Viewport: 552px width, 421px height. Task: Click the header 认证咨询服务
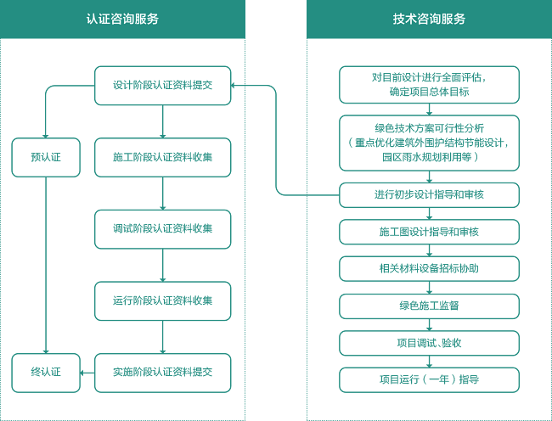122,19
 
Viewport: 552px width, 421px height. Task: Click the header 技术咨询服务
429,19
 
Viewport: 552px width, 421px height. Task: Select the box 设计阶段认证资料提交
163,86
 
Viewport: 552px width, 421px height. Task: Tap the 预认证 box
46,157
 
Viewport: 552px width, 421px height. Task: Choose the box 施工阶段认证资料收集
163,157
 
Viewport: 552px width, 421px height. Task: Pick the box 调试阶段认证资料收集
163,229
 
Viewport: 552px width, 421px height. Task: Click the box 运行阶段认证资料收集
163,300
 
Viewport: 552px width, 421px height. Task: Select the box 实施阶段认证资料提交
163,373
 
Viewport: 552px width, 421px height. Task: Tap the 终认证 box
46,373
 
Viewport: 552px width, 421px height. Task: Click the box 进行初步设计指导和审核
429,195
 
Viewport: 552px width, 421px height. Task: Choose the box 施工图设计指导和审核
429,232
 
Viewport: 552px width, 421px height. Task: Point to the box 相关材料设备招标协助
429,269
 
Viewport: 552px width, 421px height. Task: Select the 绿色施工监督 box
429,306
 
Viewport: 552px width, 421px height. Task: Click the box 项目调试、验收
429,343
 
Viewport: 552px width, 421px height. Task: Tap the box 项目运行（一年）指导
429,380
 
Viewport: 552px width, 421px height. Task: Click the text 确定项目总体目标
429,93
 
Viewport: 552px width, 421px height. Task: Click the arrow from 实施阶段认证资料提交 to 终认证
87,373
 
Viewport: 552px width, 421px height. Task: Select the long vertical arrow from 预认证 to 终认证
46,265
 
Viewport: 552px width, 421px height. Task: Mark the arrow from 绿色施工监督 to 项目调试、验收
429,324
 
